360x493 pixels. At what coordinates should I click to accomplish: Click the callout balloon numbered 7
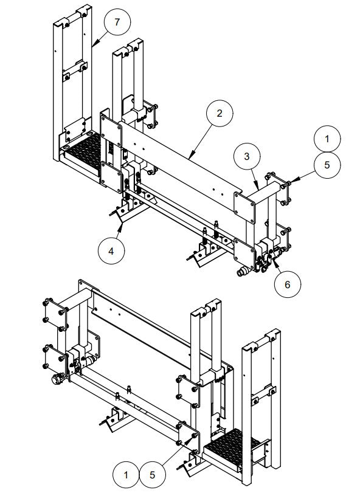coord(117,24)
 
